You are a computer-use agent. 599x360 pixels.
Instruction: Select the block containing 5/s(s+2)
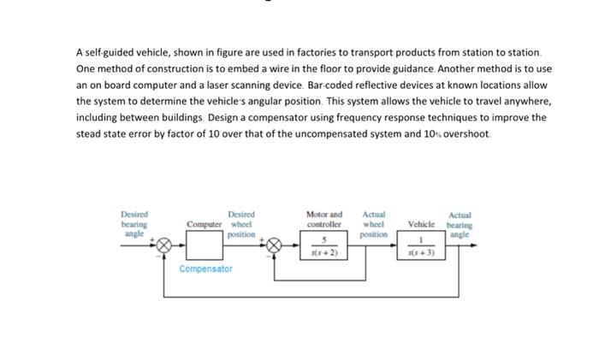[x=323, y=245]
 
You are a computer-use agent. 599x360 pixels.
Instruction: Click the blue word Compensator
[x=205, y=269]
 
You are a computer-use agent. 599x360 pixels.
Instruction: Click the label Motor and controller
[x=323, y=219]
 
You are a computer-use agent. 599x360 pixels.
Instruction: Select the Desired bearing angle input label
[x=134, y=223]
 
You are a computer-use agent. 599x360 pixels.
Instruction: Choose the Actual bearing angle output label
[x=460, y=223]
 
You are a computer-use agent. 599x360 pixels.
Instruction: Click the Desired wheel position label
[x=242, y=223]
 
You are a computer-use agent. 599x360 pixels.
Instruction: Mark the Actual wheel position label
[x=374, y=223]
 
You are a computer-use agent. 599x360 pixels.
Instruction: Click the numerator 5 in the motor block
[x=323, y=240]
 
